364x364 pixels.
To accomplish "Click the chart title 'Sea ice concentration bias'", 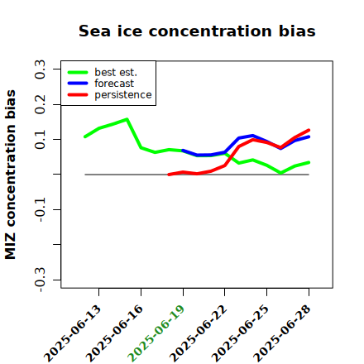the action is pyautogui.click(x=197, y=31).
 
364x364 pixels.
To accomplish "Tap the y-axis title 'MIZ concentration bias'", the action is pyautogui.click(x=11, y=175).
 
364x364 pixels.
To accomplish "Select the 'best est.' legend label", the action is pyautogui.click(x=116, y=72).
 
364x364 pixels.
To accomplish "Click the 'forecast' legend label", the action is pyautogui.click(x=114, y=84).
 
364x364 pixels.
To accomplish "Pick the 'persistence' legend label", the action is pyautogui.click(x=123, y=95).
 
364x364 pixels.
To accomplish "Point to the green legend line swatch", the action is pyautogui.click(x=78, y=72).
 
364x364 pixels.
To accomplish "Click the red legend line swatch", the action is pyautogui.click(x=78, y=95).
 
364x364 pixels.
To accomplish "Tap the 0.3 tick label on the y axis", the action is pyautogui.click(x=40, y=69).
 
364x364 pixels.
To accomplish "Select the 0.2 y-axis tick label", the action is pyautogui.click(x=40, y=104).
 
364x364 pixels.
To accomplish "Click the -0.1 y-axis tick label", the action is pyautogui.click(x=40, y=210).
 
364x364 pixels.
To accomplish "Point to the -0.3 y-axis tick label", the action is pyautogui.click(x=40, y=280).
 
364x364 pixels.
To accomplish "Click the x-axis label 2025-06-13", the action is pyautogui.click(x=72, y=333).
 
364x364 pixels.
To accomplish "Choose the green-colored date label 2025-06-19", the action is pyautogui.click(x=156, y=333).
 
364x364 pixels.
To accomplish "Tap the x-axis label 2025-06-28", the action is pyautogui.click(x=282, y=333).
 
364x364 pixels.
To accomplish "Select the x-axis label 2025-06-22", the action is pyautogui.click(x=198, y=333).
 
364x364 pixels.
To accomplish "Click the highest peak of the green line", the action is pyautogui.click(x=127, y=119).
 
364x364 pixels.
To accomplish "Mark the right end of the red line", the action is pyautogui.click(x=309, y=130).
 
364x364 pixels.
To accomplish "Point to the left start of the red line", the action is pyautogui.click(x=169, y=175).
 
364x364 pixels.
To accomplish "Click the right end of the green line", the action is pyautogui.click(x=309, y=163).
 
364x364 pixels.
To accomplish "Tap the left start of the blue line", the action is pyautogui.click(x=183, y=151).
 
